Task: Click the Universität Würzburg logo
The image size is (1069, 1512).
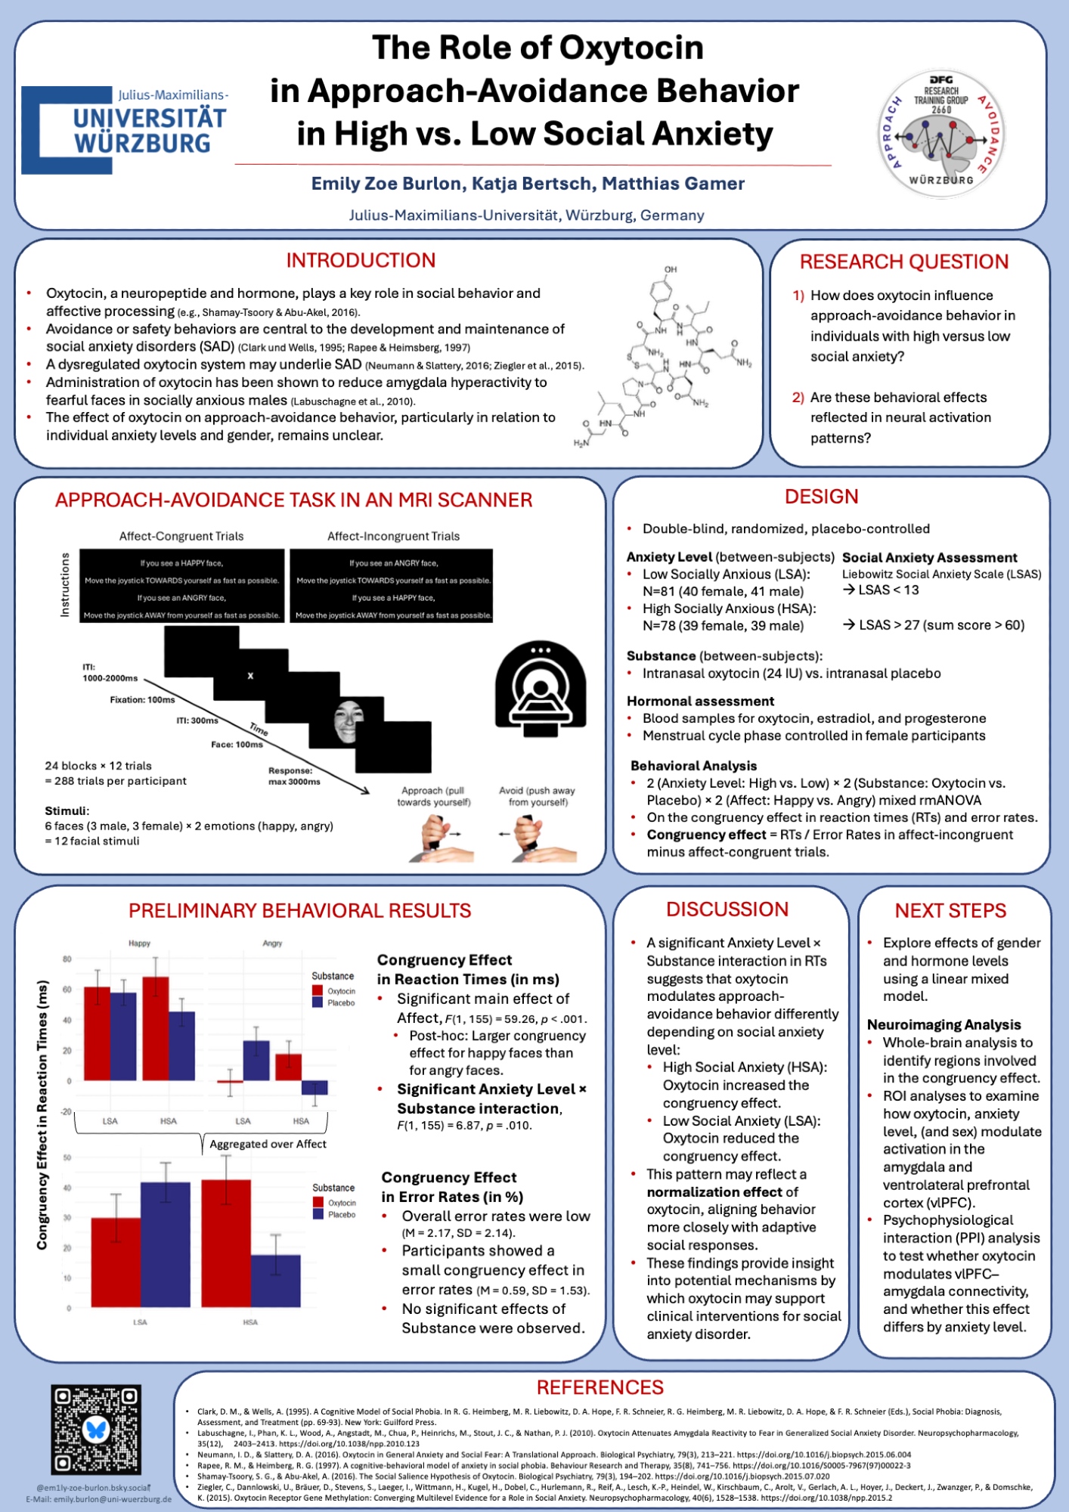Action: [125, 129]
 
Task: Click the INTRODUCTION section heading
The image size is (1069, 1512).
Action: [361, 261]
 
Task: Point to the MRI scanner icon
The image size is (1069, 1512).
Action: [540, 688]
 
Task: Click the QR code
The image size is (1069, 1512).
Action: [96, 1430]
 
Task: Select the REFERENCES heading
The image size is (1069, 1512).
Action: [600, 1388]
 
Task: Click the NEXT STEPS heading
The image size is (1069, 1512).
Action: [950, 911]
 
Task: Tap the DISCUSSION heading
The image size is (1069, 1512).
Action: [727, 909]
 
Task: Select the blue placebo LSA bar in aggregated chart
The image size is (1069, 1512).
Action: [165, 1244]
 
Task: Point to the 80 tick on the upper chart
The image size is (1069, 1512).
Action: [67, 959]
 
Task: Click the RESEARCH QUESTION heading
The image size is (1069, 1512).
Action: [904, 262]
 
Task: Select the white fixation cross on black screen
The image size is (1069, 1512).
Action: [250, 676]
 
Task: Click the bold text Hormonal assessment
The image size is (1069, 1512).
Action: [700, 702]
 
